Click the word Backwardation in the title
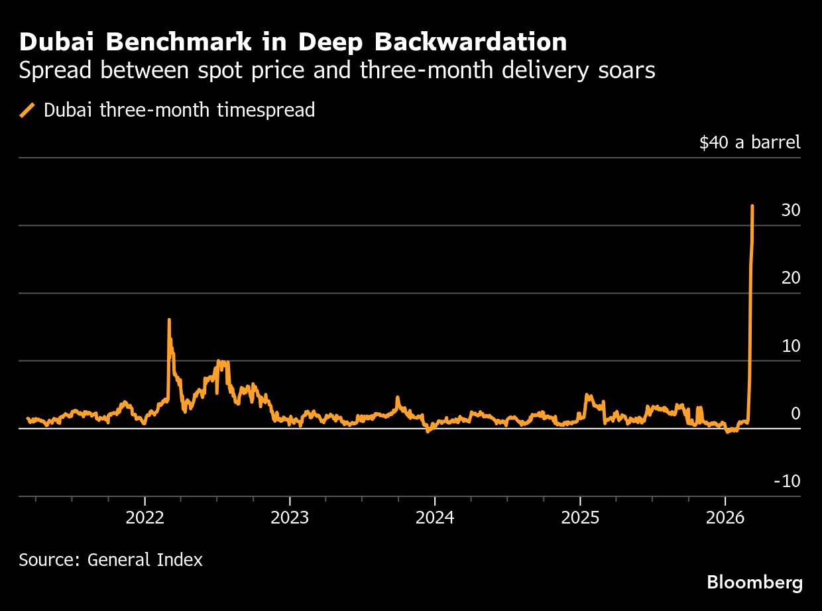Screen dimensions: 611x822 [470, 42]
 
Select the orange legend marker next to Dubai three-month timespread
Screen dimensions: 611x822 [28, 110]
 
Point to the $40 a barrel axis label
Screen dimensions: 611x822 [750, 142]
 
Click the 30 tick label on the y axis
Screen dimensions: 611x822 [791, 210]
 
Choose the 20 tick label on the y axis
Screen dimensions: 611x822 [791, 278]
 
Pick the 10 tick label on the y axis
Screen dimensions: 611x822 [791, 346]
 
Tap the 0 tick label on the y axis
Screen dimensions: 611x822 [795, 414]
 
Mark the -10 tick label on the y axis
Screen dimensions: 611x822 [787, 481]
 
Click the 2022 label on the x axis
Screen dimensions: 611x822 [145, 517]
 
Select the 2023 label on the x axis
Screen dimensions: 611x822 [290, 517]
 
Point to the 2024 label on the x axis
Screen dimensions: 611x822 [435, 517]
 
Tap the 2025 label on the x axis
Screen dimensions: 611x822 [580, 517]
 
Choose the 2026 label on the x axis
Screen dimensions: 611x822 [725, 517]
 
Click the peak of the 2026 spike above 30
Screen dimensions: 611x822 [752, 206]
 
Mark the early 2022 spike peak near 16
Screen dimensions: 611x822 [169, 319]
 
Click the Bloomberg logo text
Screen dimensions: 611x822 [754, 583]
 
